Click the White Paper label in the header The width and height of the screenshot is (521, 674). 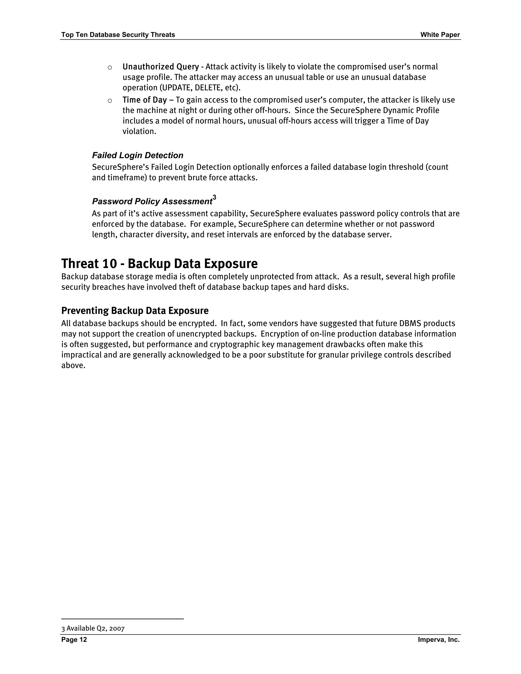(440, 35)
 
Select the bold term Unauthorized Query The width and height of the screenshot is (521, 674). (161, 67)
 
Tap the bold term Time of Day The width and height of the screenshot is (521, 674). (144, 100)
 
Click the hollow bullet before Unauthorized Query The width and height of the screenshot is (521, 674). (110, 67)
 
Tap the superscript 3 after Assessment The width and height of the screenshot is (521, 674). (214, 197)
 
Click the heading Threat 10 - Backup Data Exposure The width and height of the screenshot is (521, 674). (159, 264)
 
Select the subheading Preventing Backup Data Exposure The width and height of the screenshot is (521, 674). (135, 311)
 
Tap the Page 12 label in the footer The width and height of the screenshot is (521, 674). (74, 639)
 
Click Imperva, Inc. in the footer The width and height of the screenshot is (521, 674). (439, 639)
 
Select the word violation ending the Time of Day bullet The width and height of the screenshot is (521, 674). (139, 131)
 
